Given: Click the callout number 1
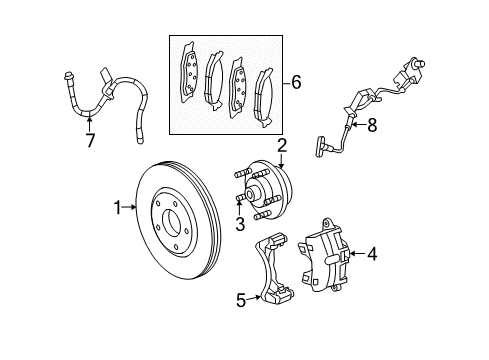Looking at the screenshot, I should (x=117, y=208).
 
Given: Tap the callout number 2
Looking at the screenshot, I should (x=282, y=146).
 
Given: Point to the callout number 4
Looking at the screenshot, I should (x=371, y=254).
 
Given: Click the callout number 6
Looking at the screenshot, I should (x=295, y=83).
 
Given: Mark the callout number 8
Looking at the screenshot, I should (x=371, y=125).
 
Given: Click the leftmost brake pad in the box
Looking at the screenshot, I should (x=189, y=72).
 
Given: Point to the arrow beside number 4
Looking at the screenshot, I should (x=357, y=254).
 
